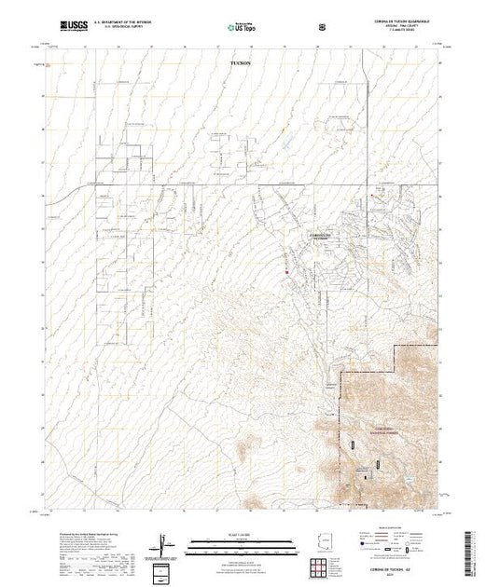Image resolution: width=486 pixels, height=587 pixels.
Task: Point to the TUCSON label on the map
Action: click(x=241, y=62)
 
